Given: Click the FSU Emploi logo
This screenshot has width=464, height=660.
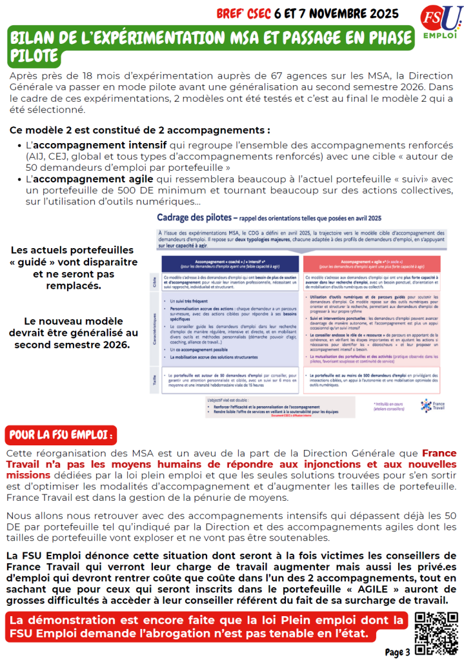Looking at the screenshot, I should coord(438,23).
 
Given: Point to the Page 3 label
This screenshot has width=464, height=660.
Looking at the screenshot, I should coord(398,652).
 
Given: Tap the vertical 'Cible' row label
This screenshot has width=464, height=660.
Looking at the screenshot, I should coord(155,282).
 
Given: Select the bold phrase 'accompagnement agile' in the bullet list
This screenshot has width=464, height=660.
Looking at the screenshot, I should coord(93,179).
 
